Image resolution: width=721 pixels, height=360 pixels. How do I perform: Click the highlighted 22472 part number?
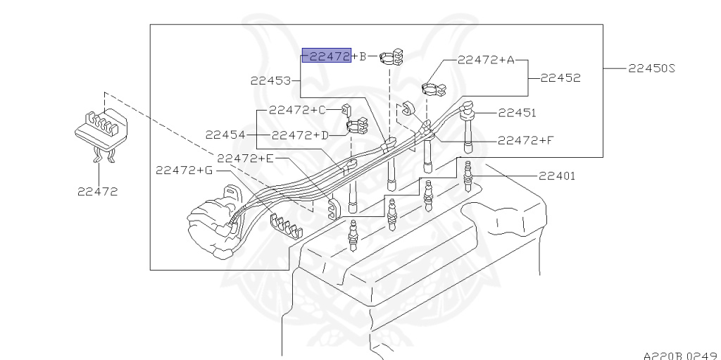point(326,56)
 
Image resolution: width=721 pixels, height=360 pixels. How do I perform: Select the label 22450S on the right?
point(651,68)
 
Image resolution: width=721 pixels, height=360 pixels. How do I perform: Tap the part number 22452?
point(560,78)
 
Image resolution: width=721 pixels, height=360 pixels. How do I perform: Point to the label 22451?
point(517,112)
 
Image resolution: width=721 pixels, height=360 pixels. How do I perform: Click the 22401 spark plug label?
point(557,176)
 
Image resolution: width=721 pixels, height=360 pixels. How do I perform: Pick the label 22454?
point(225,134)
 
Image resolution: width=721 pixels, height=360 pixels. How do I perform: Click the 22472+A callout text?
point(486,60)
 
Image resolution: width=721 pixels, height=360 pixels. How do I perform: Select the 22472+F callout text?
point(525,140)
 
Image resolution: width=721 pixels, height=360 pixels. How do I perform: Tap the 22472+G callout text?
point(184,170)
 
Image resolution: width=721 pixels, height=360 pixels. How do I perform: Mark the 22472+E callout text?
point(245,158)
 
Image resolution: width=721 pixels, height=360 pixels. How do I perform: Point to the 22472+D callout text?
point(300,134)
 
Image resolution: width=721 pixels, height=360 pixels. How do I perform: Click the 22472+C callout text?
point(297,110)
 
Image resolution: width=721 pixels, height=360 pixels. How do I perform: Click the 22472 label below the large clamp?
point(97,191)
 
